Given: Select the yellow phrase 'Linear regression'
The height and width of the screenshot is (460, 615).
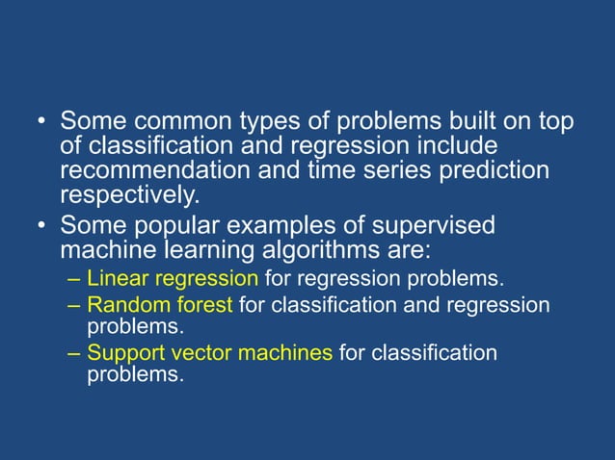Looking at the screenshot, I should pyautogui.click(x=173, y=279).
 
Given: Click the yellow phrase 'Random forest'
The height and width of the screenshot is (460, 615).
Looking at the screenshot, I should pyautogui.click(x=160, y=305).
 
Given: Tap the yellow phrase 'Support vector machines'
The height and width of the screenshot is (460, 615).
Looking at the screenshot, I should pyautogui.click(x=210, y=353).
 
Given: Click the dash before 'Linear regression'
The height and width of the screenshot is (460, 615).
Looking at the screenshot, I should pyautogui.click(x=75, y=280).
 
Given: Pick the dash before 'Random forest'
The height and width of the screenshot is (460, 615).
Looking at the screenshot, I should pyautogui.click(x=75, y=306).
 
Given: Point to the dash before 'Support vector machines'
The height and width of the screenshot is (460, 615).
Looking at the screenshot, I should pyautogui.click(x=75, y=354).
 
